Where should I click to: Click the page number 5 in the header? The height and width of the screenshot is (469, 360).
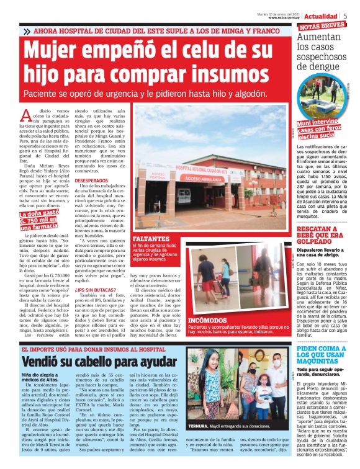345,15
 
